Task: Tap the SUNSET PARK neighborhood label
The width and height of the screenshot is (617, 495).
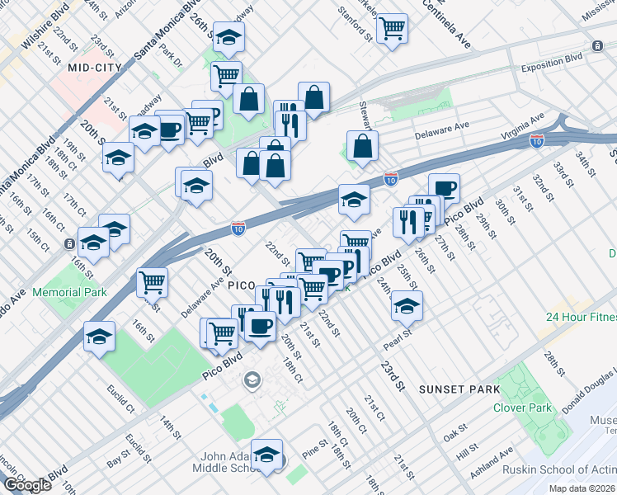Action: click(459, 389)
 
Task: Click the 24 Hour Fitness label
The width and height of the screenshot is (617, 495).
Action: click(581, 317)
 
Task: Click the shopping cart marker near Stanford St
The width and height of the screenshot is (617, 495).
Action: click(392, 29)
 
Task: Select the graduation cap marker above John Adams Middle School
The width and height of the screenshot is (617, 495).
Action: click(266, 455)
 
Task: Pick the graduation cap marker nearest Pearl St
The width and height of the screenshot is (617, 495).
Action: click(406, 306)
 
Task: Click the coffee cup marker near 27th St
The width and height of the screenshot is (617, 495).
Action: click(444, 189)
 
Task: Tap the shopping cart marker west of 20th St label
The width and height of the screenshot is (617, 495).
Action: click(152, 282)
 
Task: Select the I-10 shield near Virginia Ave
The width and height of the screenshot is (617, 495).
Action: click(537, 141)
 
